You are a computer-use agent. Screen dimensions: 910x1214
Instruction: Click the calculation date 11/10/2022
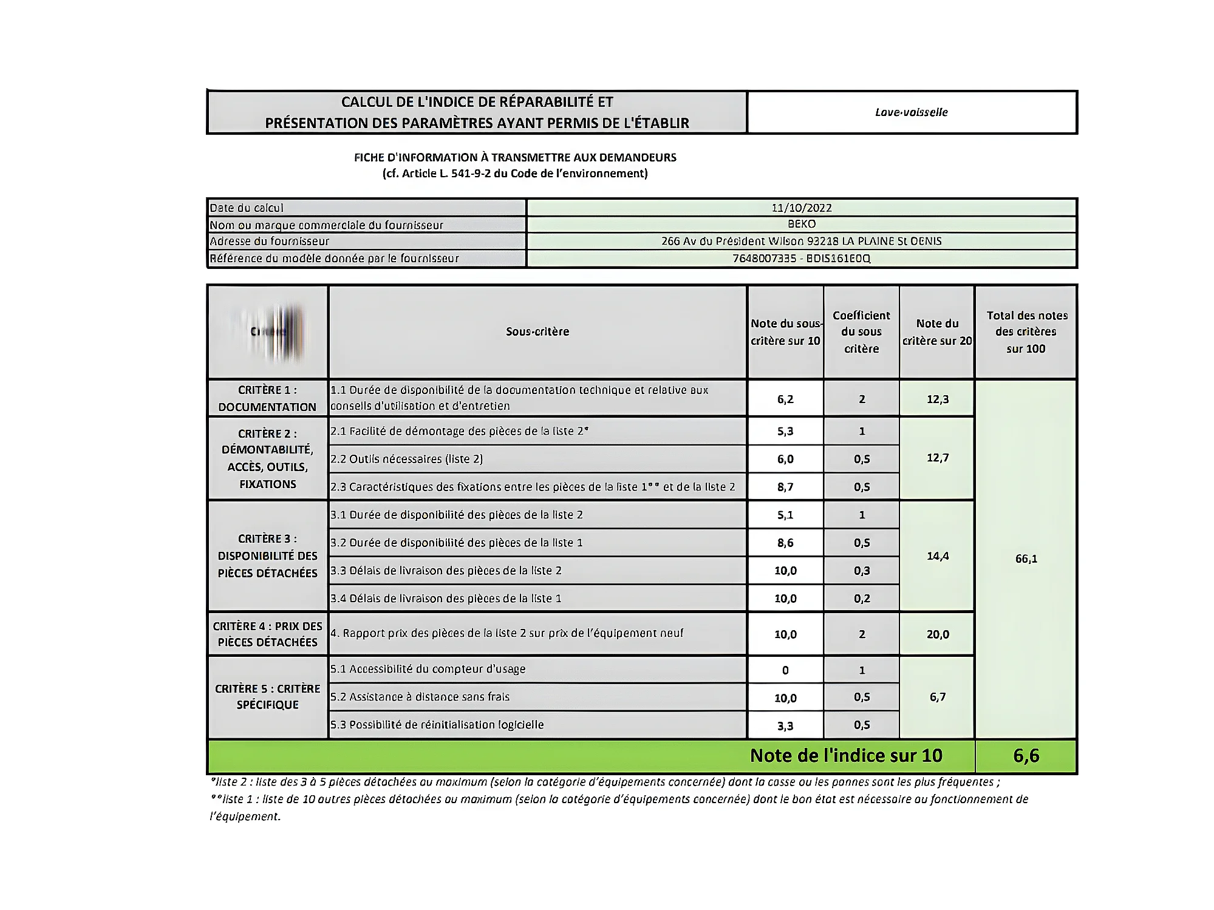tap(801, 208)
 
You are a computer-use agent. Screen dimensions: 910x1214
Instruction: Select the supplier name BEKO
tap(801, 224)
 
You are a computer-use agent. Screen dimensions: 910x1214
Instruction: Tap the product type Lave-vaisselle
tap(911, 112)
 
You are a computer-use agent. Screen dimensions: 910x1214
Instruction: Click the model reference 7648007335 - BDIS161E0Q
tap(801, 259)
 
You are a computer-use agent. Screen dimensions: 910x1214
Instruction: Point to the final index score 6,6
tap(1026, 756)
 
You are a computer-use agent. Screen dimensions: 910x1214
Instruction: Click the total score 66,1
tap(1026, 559)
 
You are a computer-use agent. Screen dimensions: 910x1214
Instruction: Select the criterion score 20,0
tap(937, 634)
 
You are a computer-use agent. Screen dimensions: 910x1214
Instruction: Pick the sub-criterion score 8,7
tap(785, 487)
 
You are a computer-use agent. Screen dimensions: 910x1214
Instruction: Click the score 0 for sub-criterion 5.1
tap(785, 670)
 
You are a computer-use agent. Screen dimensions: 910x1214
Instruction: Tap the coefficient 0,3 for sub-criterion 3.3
tap(861, 571)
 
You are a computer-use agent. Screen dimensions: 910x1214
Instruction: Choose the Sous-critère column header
tap(537, 331)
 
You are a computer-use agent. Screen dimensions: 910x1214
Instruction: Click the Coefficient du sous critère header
tap(861, 331)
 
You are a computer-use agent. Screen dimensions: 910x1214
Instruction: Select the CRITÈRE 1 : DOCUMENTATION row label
tap(267, 398)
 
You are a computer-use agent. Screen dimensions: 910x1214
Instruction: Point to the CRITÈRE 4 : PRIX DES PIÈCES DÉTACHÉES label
tap(267, 634)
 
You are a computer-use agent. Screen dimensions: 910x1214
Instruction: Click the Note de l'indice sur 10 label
tap(845, 756)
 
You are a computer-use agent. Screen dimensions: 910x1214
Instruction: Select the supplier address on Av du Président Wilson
tap(801, 241)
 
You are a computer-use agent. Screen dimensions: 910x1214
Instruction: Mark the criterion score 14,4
tap(937, 556)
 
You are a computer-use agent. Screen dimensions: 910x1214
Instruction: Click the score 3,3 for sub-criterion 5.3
tap(785, 726)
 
